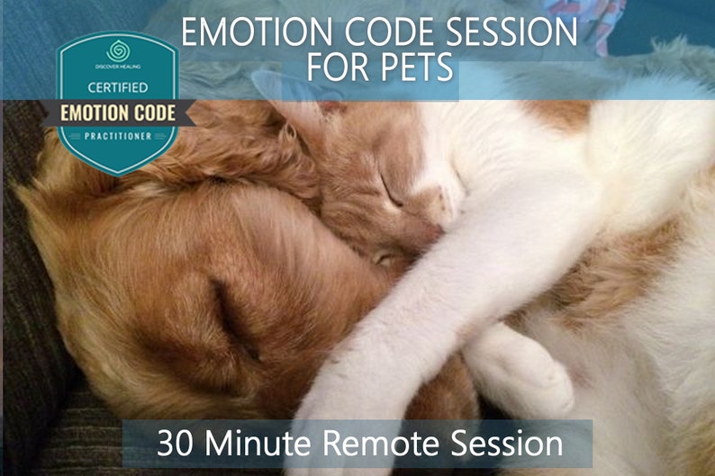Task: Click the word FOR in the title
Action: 339,67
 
